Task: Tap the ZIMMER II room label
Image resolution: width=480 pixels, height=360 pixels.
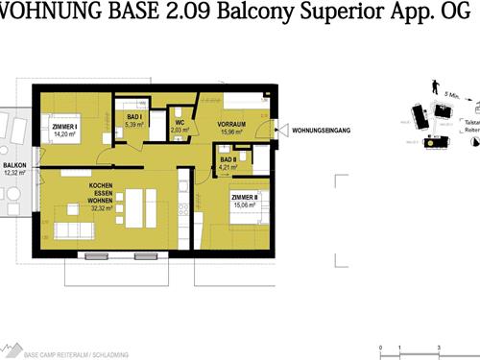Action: click(245, 196)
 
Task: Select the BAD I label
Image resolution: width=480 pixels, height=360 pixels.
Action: click(134, 117)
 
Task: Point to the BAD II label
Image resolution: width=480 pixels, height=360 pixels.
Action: click(227, 160)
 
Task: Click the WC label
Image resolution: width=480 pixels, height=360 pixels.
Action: click(180, 123)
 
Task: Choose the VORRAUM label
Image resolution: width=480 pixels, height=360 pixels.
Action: click(231, 124)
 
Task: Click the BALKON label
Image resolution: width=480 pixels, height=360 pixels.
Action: click(13, 165)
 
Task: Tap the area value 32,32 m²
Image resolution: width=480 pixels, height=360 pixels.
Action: click(103, 206)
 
